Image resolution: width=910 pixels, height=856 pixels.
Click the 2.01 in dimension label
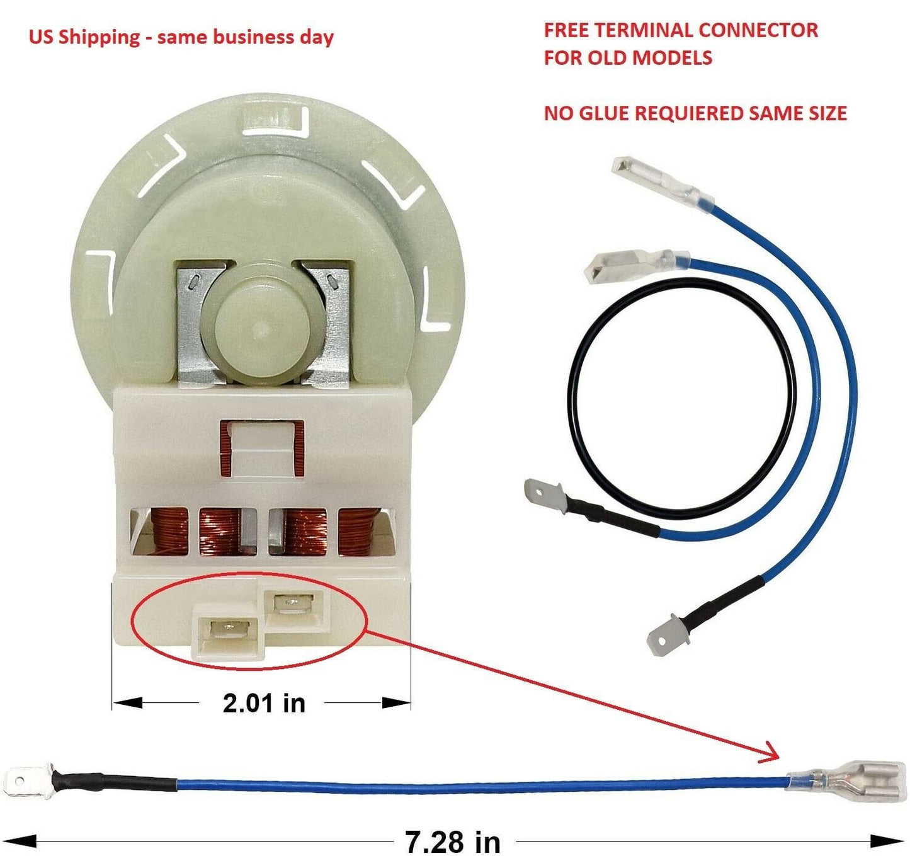click(264, 703)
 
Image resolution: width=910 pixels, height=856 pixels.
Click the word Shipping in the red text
click(99, 37)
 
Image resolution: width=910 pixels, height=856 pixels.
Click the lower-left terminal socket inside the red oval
click(228, 631)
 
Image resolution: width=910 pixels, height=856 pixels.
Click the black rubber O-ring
click(681, 398)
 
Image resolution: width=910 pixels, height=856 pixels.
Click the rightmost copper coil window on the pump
click(360, 532)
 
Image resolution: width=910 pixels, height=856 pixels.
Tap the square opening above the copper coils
click(262, 448)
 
